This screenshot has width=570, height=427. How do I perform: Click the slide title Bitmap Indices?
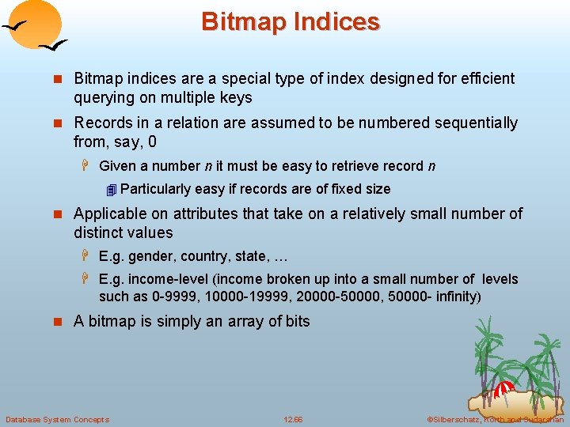coord(291,21)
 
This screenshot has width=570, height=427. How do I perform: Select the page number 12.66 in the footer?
coord(293,419)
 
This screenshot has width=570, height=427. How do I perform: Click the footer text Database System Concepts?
coord(57,419)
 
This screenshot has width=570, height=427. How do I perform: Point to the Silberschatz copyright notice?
coord(495,419)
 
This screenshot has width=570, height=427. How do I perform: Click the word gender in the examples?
coord(151,256)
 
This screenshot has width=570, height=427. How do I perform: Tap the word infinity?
coord(454,297)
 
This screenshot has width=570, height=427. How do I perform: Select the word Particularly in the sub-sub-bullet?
coord(155,189)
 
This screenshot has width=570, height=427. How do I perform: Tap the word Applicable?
coord(109,213)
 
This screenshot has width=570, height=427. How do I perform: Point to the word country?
coord(205,256)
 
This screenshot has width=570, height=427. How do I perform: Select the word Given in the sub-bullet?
coord(117,166)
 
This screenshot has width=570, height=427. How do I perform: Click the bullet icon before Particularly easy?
coord(112,190)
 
